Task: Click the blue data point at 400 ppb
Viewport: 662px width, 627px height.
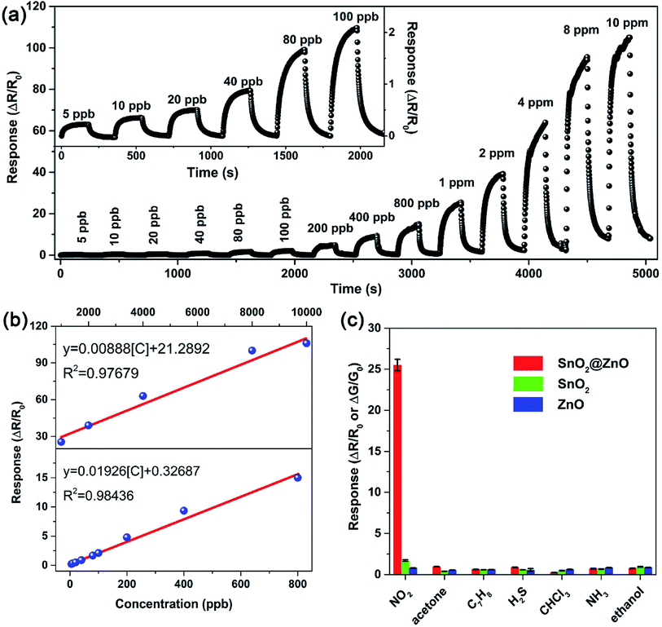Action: [184, 510]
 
